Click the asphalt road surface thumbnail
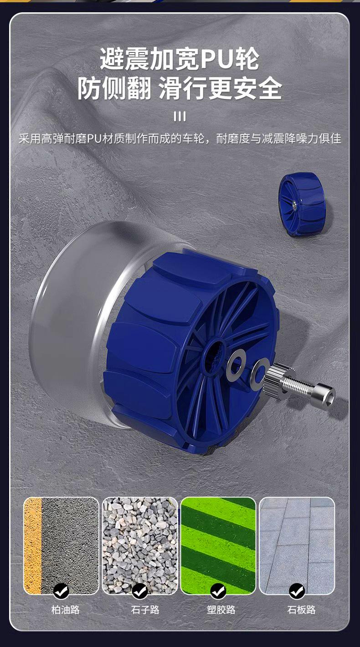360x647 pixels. (61, 546)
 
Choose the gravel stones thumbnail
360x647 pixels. (140, 546)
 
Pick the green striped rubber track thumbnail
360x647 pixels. (218, 546)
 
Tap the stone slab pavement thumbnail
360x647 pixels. (297, 546)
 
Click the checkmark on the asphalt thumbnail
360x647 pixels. (61, 590)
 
